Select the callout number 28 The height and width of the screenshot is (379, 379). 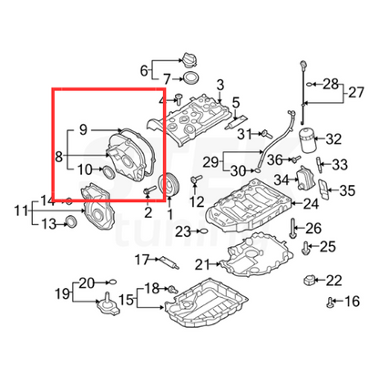(330, 83)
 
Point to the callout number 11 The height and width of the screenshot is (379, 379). (18, 211)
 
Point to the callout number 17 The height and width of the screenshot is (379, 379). (141, 260)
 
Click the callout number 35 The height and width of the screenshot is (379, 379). (347, 190)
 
